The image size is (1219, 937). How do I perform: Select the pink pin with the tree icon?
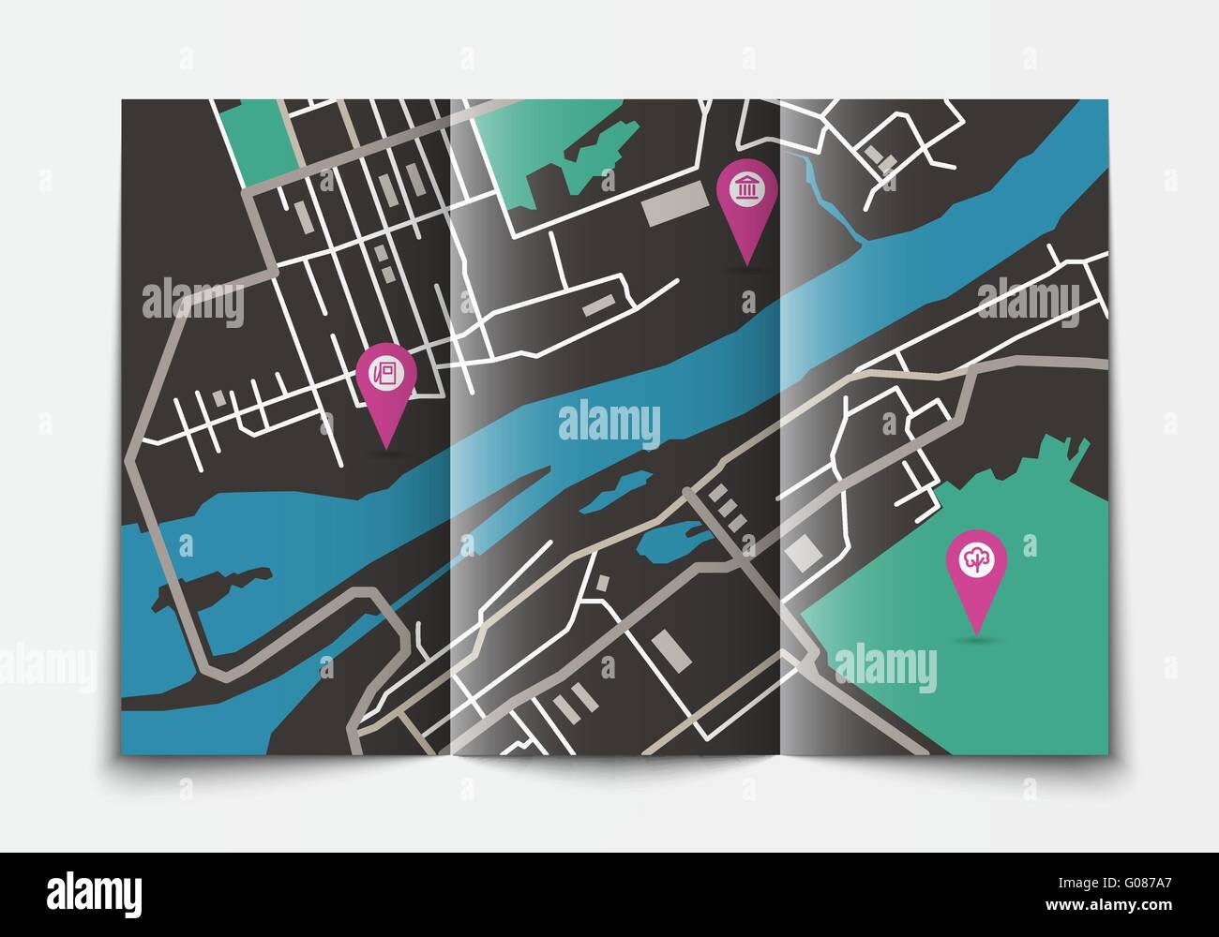click(x=976, y=560)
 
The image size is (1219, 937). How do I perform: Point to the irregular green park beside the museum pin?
click(x=553, y=159)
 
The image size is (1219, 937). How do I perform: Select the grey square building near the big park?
click(x=801, y=554)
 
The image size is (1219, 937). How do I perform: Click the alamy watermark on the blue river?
click(x=609, y=422)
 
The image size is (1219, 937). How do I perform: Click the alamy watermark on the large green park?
click(x=884, y=669)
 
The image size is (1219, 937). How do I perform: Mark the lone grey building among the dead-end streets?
click(x=219, y=399)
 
